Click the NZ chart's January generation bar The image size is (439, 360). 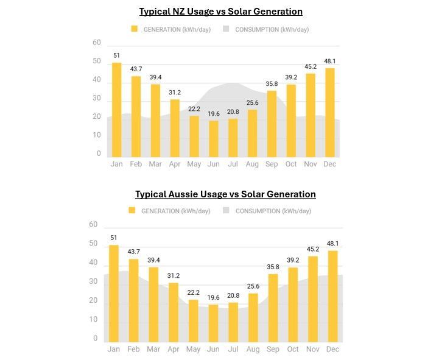click(x=116, y=110)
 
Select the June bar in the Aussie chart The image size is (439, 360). click(x=213, y=323)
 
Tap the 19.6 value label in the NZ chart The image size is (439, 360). click(x=214, y=113)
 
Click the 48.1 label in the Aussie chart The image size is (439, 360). click(x=332, y=243)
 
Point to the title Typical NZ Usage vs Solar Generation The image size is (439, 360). click(x=220, y=12)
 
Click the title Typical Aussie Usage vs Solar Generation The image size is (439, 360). click(x=225, y=194)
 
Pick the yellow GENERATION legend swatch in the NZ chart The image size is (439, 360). click(x=135, y=29)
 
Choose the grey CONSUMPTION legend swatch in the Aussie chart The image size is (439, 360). click(x=226, y=211)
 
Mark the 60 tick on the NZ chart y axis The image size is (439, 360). click(x=97, y=43)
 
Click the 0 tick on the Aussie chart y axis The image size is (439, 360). click(x=95, y=339)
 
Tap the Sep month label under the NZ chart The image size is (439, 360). click(x=271, y=164)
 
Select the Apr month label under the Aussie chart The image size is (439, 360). click(x=174, y=349)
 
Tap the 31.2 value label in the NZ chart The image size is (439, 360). click(x=175, y=92)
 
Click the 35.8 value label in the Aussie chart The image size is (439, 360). click(x=273, y=266)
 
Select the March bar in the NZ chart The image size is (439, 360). click(x=155, y=121)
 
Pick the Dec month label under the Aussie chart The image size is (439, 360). click(x=332, y=349)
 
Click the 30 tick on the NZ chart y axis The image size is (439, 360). click(x=97, y=98)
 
